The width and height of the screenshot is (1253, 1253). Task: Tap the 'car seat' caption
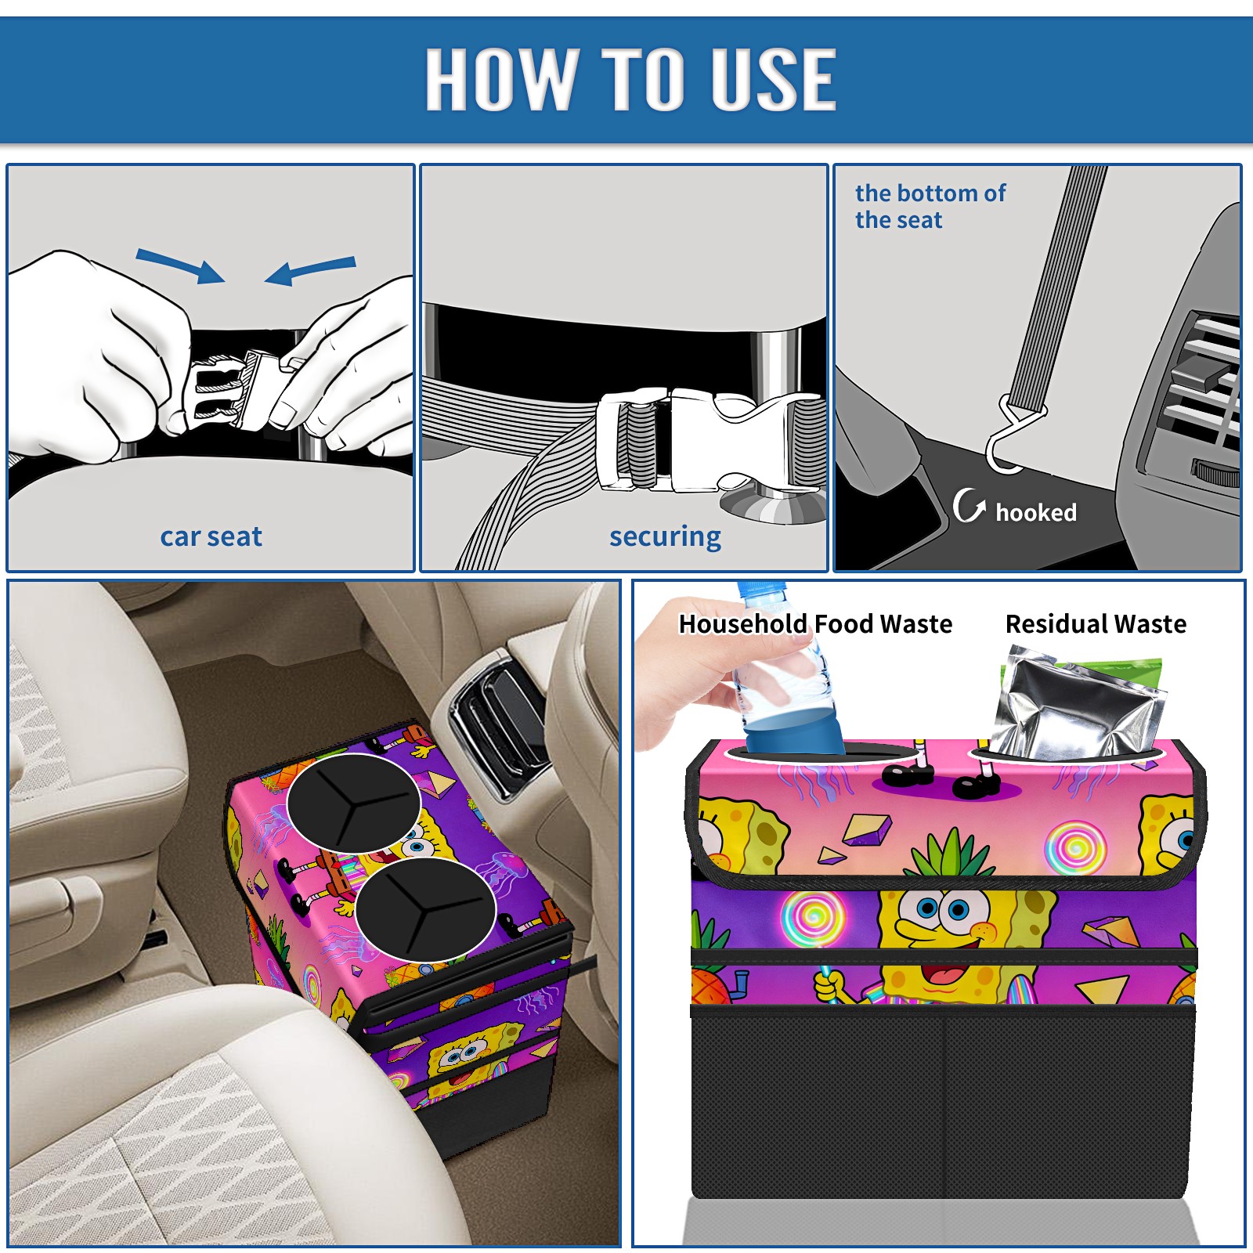pos(211,536)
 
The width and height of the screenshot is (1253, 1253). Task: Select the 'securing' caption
pos(665,536)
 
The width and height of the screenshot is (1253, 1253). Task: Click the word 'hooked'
pos(1036,512)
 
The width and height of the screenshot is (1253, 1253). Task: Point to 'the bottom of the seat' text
pos(930,206)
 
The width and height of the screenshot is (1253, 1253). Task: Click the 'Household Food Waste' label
pos(815,623)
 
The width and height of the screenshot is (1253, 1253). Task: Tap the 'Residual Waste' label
pos(1096,623)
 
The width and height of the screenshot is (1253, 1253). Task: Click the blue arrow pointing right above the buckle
pos(180,265)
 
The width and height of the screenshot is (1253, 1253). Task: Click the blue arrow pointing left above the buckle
pos(310,270)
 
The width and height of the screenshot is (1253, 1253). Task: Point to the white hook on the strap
pos(1013,435)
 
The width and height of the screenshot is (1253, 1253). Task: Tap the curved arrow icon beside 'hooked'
pos(969,505)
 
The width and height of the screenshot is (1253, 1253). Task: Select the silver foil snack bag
pos(1078,704)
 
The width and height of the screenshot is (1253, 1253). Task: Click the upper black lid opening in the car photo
pos(354,803)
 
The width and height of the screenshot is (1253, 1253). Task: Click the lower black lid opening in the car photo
pos(425,909)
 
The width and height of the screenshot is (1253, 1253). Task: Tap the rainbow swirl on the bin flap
pos(1076,847)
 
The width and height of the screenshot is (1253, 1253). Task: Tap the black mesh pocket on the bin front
pos(943,1104)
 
